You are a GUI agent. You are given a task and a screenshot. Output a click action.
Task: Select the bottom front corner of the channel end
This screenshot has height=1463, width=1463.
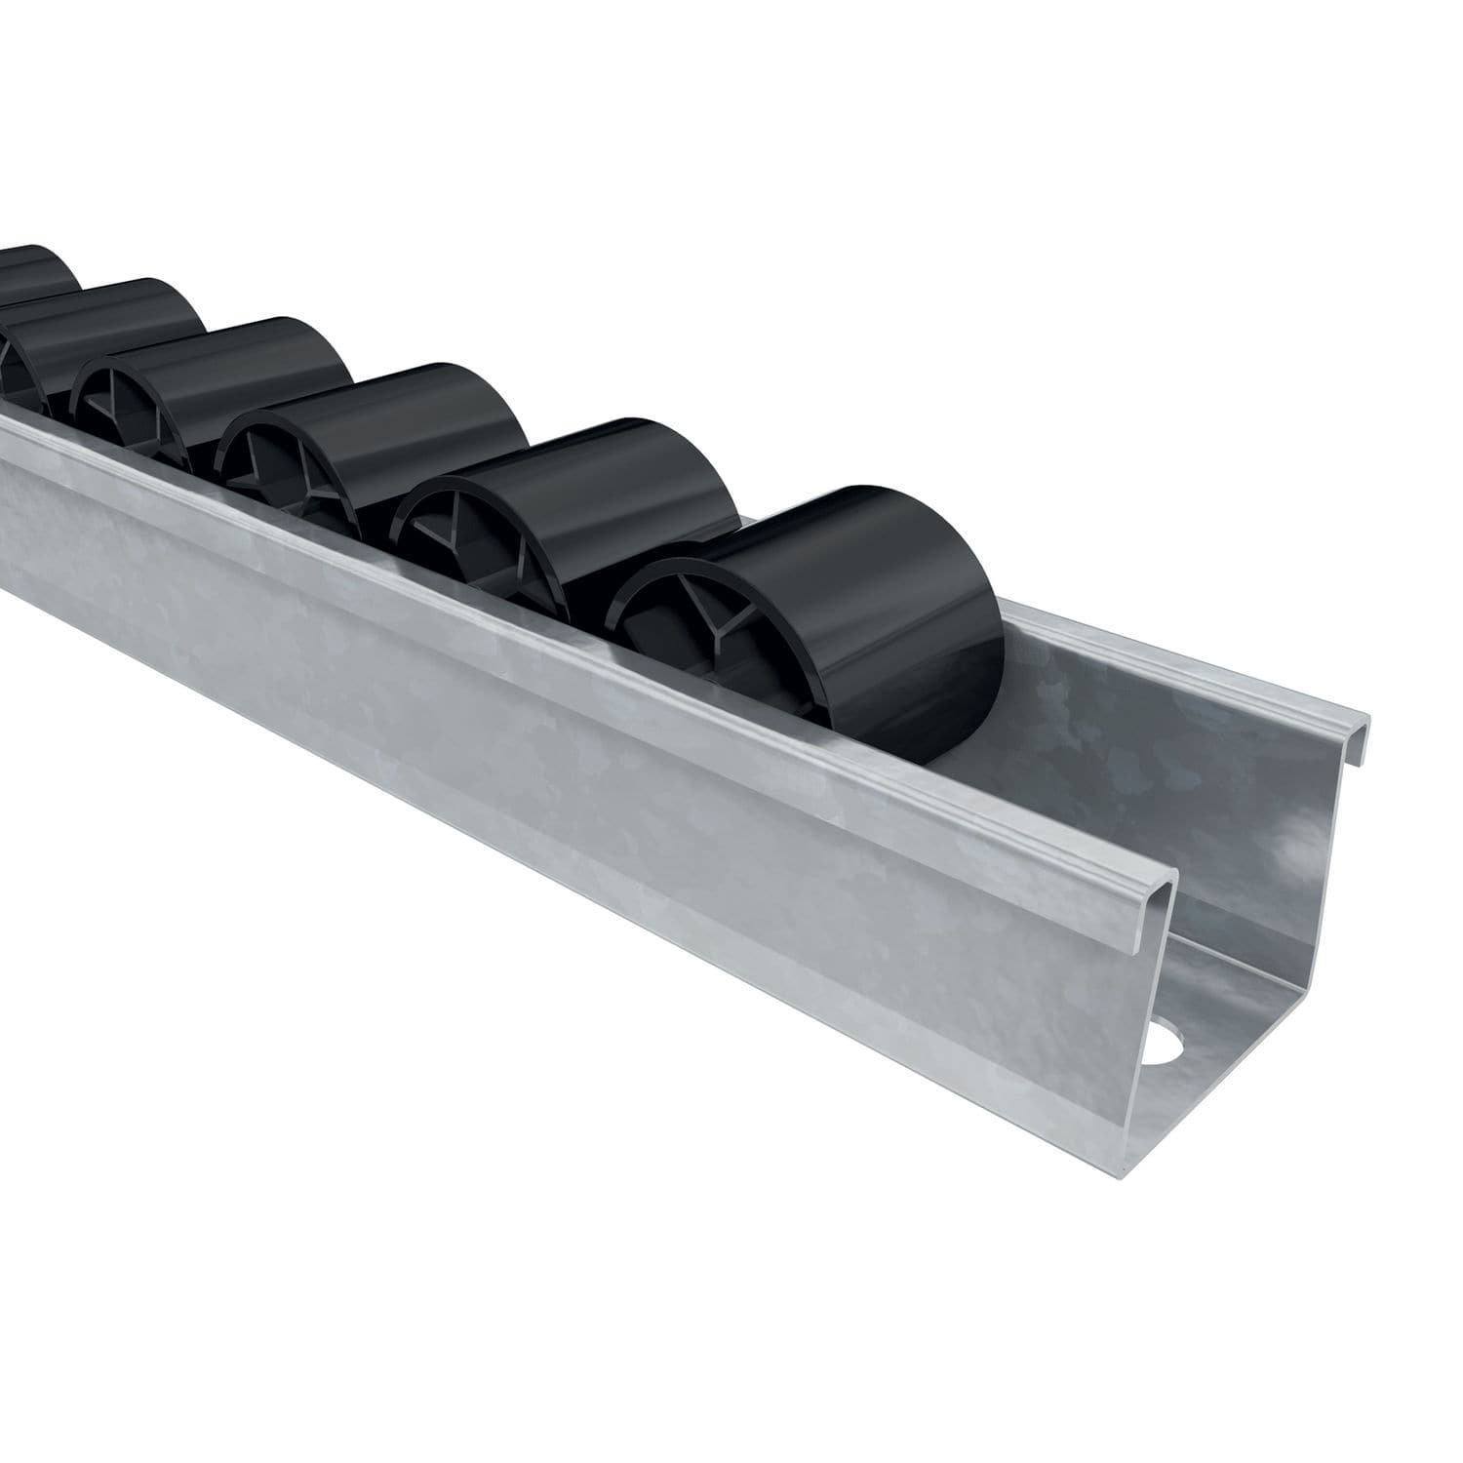pos(1131,1166)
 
